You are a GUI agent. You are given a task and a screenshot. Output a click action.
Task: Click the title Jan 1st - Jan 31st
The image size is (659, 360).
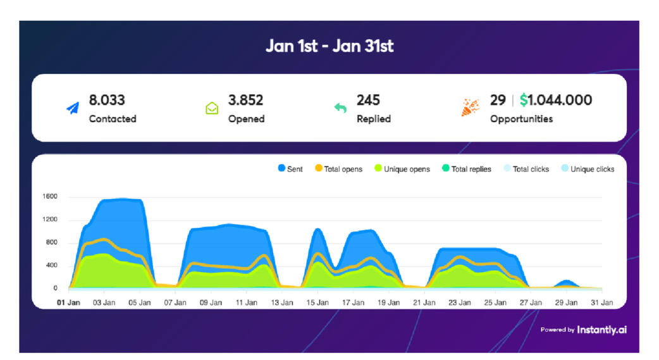coord(329,47)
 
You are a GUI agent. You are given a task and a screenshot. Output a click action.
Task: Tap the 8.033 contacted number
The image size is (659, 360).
coord(107,100)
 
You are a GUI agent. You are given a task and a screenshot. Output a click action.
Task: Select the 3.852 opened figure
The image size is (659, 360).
coord(245,100)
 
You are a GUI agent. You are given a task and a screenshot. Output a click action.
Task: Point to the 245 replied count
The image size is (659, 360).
coord(368,100)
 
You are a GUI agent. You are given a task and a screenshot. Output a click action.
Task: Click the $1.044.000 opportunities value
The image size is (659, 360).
coord(556,100)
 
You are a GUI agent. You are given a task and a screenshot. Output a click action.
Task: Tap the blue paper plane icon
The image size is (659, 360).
coord(73,108)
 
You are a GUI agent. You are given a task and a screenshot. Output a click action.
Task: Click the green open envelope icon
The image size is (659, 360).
coord(212,108)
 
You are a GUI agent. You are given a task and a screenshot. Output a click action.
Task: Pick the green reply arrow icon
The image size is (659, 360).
coord(340,108)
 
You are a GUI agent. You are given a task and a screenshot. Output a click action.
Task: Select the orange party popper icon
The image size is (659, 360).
coord(471,108)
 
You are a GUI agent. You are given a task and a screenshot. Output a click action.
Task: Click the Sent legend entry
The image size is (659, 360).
coord(290,169)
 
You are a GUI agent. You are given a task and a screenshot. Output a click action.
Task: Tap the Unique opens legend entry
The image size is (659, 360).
coord(402,169)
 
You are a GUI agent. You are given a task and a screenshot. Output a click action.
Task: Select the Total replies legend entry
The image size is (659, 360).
coord(467,169)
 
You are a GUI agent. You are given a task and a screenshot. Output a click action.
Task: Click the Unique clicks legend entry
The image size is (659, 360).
coord(588,169)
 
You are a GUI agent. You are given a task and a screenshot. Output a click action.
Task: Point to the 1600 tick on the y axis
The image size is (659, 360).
coord(50,197)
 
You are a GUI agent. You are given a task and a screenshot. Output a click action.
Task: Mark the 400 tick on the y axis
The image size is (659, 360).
coord(52,266)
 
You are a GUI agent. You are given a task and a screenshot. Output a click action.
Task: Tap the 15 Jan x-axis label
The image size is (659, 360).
coord(318,302)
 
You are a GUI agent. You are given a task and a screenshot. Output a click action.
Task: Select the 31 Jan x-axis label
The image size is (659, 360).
coord(602,302)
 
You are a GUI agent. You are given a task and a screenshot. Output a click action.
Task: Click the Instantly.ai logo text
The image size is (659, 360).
coord(601,330)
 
